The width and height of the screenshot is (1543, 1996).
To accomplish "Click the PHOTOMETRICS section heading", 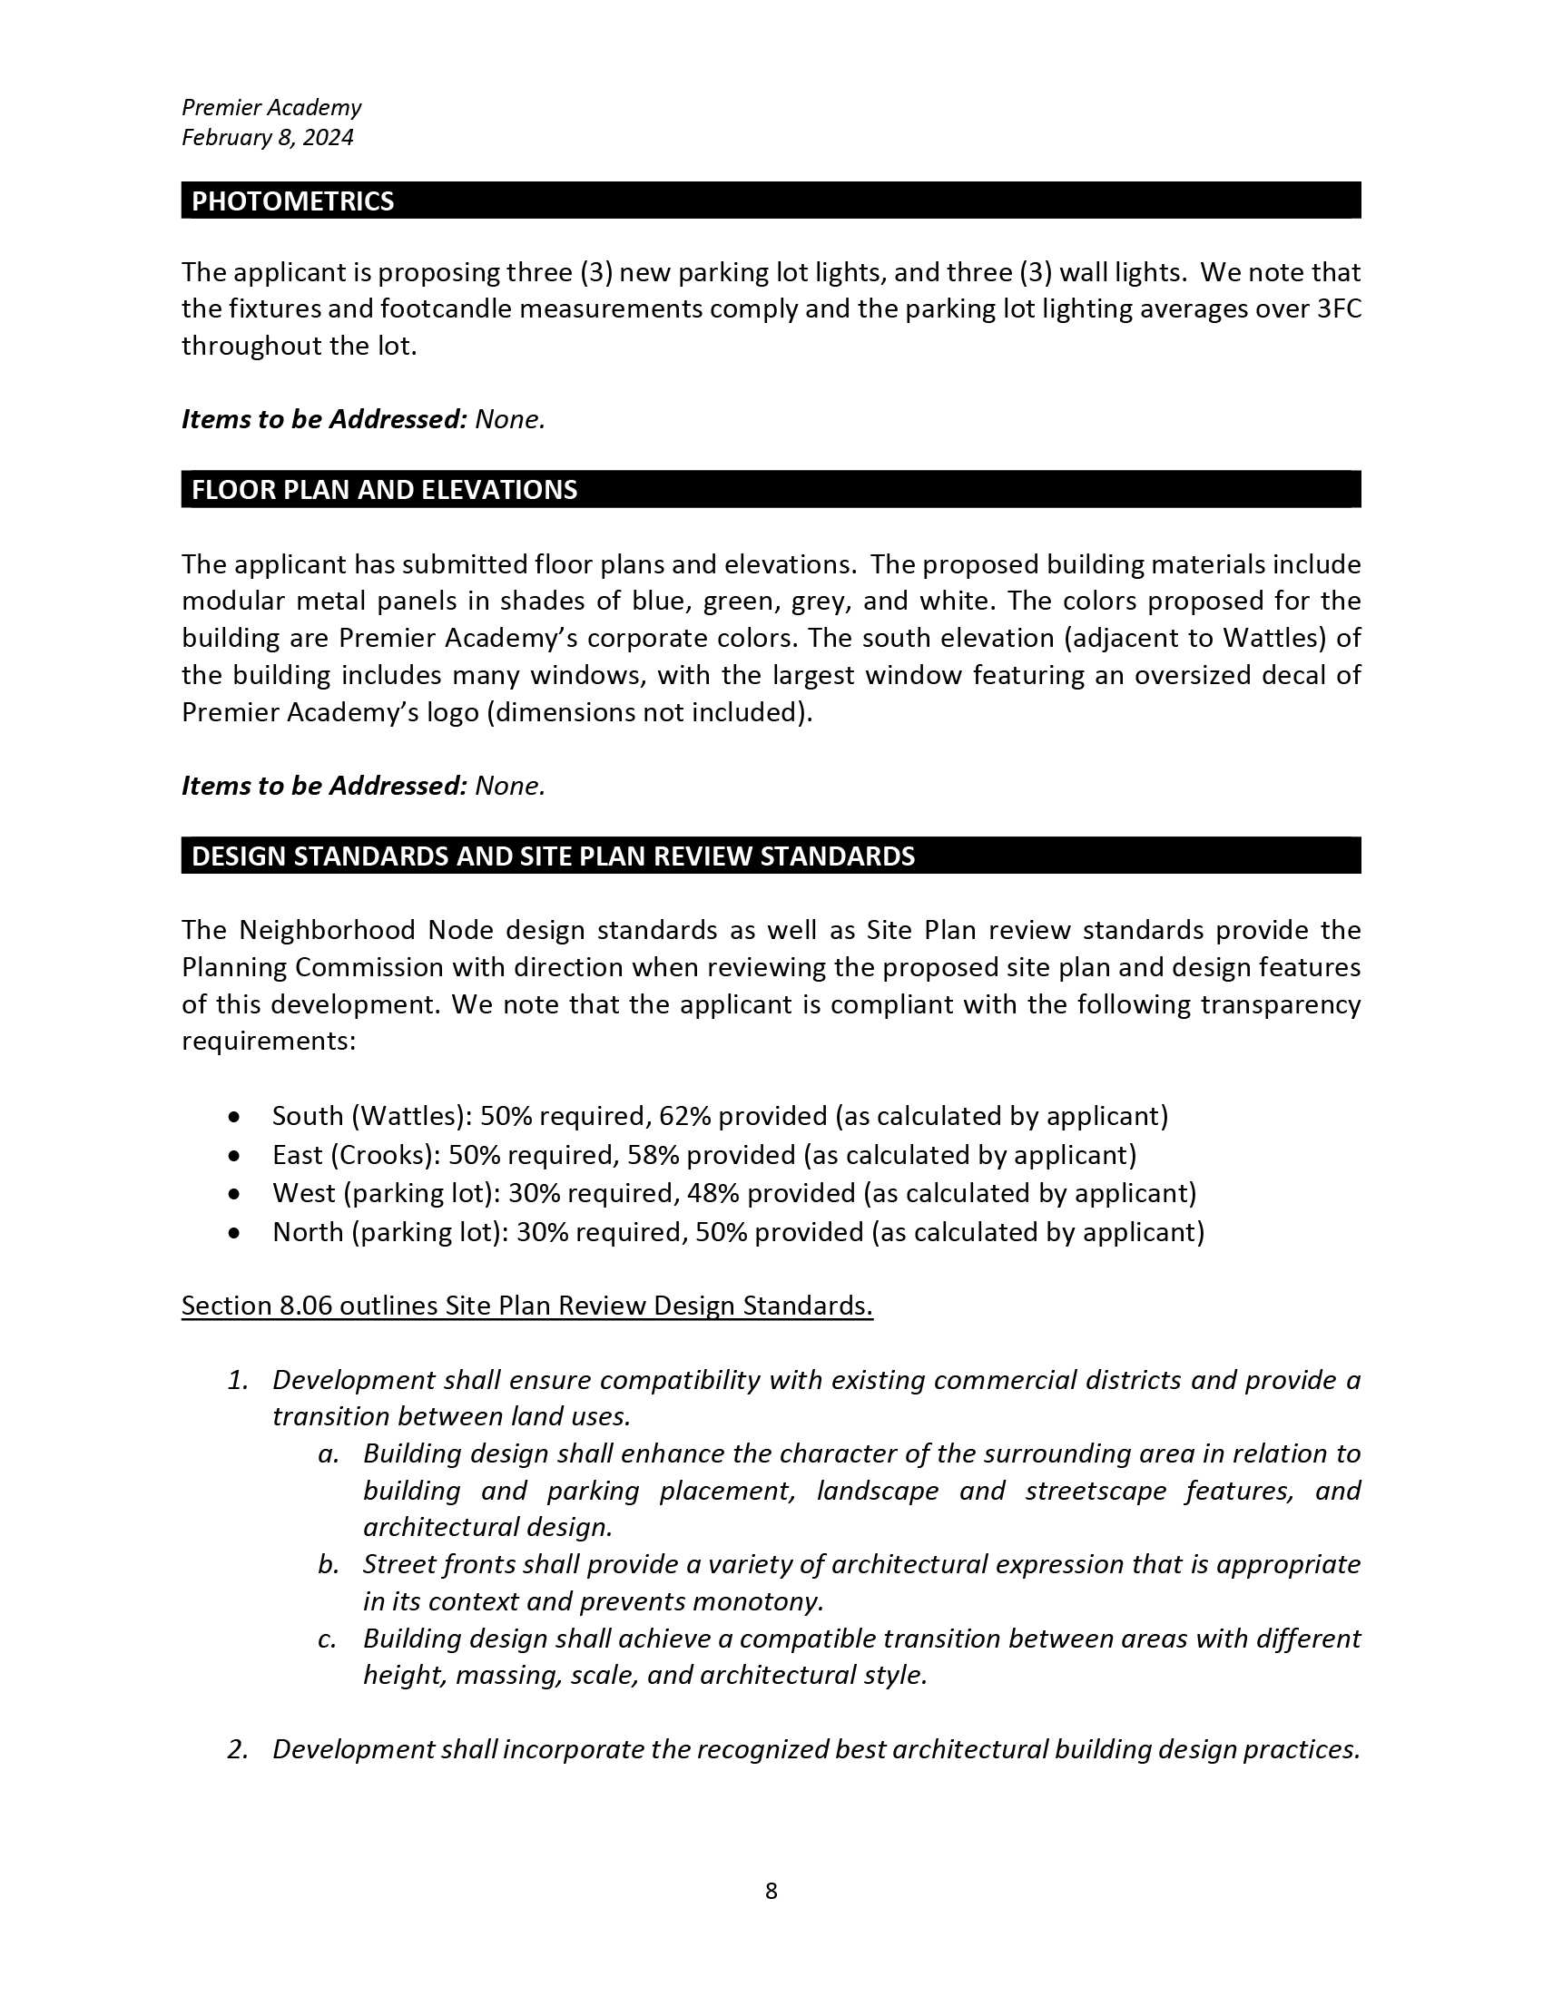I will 292,201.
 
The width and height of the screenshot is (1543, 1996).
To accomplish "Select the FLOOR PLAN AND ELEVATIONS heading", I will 384,490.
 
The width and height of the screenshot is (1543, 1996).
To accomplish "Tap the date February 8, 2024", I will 267,137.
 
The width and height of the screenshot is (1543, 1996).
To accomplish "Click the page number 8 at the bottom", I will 771,1891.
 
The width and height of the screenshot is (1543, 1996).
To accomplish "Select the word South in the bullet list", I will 308,1116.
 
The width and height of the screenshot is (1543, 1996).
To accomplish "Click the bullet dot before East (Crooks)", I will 236,1156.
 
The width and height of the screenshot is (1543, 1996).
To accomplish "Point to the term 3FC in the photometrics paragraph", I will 1339,308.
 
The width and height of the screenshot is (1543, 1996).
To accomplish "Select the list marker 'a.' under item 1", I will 329,1454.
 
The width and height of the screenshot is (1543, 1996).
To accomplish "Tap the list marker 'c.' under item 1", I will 329,1639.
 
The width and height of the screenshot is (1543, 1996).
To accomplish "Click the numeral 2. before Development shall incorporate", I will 238,1749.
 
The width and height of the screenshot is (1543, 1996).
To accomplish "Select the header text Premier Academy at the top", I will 271,108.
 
